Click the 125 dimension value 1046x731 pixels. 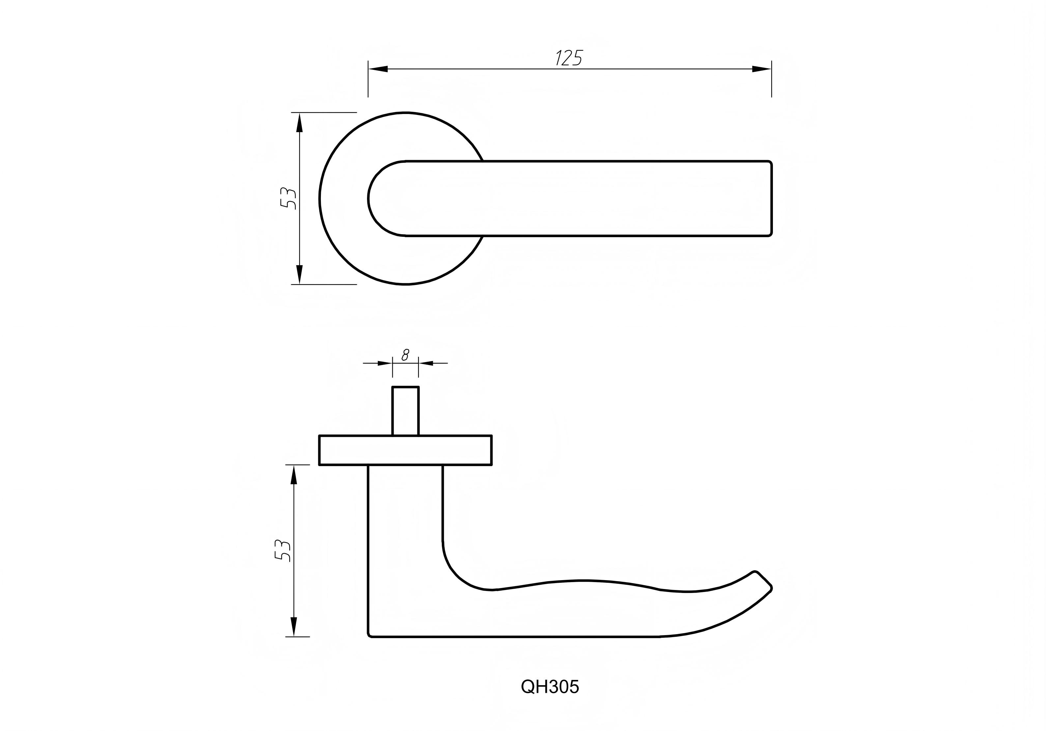pyautogui.click(x=569, y=58)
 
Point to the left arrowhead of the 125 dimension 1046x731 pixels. pyautogui.click(x=378, y=69)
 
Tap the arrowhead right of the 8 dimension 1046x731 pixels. pyautogui.click(x=426, y=363)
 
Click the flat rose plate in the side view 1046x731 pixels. pyautogui.click(x=406, y=450)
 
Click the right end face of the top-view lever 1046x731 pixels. pyautogui.click(x=771, y=198)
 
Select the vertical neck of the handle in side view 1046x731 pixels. pyautogui.click(x=405, y=524)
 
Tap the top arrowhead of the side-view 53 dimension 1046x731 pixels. pyautogui.click(x=294, y=475)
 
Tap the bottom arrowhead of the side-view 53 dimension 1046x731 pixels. pyautogui.click(x=294, y=627)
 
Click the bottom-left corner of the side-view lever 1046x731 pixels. pyautogui.click(x=370, y=634)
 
